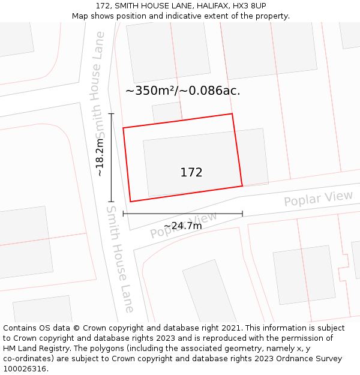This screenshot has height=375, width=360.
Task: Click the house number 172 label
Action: [x=191, y=172]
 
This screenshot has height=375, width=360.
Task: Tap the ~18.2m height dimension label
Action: [x=100, y=157]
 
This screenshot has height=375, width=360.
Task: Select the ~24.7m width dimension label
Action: [x=182, y=226]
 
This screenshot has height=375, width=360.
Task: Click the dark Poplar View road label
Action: [x=318, y=199]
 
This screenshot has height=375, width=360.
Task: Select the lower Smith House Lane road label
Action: [x=121, y=259]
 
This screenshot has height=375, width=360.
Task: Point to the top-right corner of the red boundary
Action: [x=232, y=113]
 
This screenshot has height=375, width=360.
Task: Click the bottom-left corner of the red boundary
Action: [x=130, y=202]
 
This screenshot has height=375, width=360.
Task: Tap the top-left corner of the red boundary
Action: [x=123, y=128]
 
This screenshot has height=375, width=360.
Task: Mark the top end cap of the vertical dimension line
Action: [x=111, y=113]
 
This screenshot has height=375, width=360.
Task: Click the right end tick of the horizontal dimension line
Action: [x=242, y=214]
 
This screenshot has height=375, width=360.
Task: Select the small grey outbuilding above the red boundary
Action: [x=167, y=112]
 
